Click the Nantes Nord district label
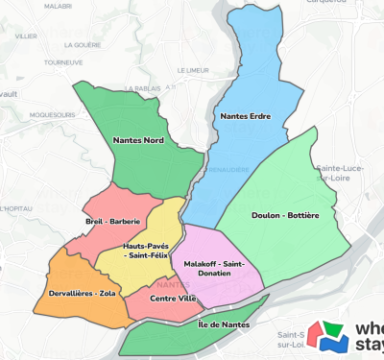pyautogui.click(x=138, y=140)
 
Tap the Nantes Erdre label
pyautogui.click(x=246, y=116)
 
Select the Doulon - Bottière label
pyautogui.click(x=285, y=216)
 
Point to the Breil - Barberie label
pyautogui.click(x=113, y=222)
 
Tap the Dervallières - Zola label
pyautogui.click(x=82, y=293)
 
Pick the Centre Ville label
pyautogui.click(x=174, y=299)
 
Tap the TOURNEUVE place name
pyautogui.click(x=62, y=62)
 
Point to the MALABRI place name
pyautogui.click(x=58, y=6)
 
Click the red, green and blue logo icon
pyautogui.click(x=335, y=337)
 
